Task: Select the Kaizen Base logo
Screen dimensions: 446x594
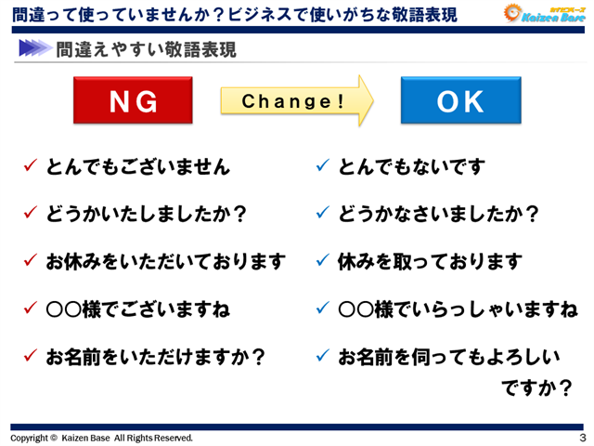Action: pos(543,13)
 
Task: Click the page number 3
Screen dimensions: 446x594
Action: pos(582,437)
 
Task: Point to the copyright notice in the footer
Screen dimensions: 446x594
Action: pos(102,437)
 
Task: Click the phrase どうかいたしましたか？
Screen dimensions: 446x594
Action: pos(147,215)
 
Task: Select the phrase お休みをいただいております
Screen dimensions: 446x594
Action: pos(165,262)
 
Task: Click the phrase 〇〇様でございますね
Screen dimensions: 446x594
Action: pos(138,308)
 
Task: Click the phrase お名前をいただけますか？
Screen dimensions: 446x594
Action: pos(156,356)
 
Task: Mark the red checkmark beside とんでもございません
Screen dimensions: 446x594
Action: pos(30,167)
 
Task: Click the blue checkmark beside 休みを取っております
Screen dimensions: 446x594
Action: pos(323,262)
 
